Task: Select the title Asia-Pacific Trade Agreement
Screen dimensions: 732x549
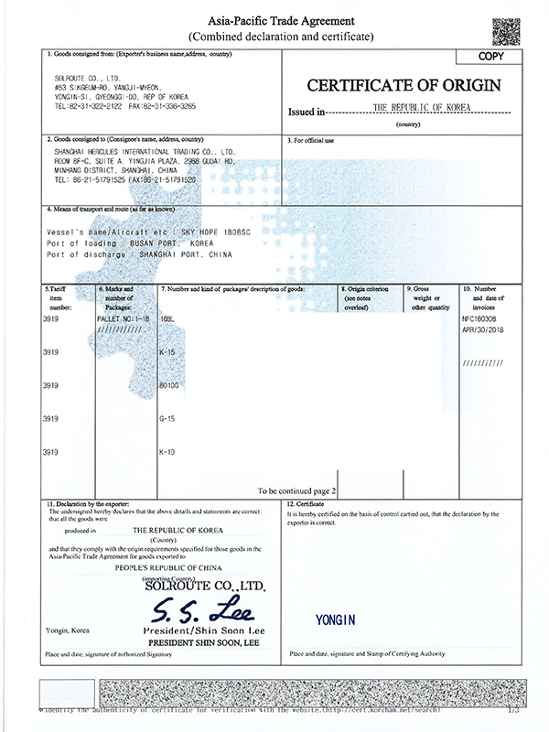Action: [280, 19]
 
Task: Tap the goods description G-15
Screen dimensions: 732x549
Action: [168, 419]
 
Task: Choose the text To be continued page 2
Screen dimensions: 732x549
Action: [297, 490]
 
